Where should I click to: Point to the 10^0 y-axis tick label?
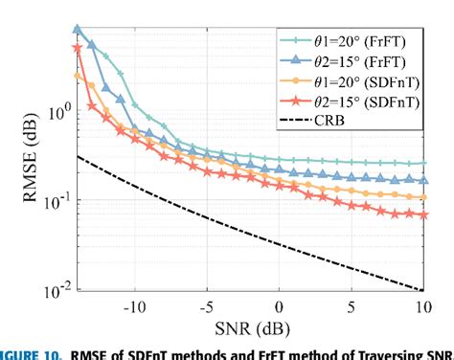click(54, 112)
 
